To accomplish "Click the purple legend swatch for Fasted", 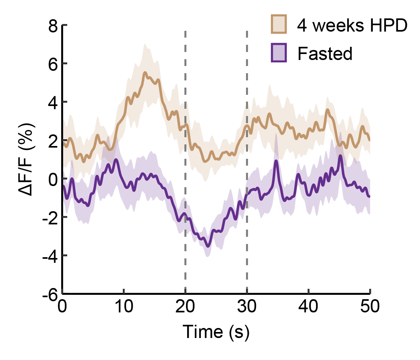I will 279,53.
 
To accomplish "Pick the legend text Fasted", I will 325,53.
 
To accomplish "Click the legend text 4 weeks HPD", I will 352,25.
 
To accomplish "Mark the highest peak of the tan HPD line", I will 145,72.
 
